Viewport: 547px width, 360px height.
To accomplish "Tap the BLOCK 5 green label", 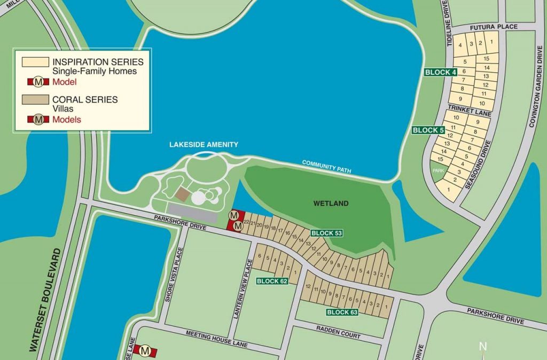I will pos(428,130).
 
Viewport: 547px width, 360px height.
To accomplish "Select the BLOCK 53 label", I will pos(326,233).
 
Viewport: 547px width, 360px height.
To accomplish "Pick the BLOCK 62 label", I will pos(272,281).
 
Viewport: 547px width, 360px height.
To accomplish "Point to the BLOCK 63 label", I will pos(342,312).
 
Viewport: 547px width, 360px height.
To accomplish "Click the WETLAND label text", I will pos(331,204).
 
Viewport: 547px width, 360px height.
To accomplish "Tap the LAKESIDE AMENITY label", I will pos(204,145).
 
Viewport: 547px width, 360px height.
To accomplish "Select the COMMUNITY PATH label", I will pos(326,166).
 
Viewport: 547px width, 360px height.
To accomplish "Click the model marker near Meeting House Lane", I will pos(145,350).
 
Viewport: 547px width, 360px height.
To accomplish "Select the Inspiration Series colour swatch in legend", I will pos(35,62).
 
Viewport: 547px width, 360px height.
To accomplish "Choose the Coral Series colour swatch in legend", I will pos(35,99).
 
